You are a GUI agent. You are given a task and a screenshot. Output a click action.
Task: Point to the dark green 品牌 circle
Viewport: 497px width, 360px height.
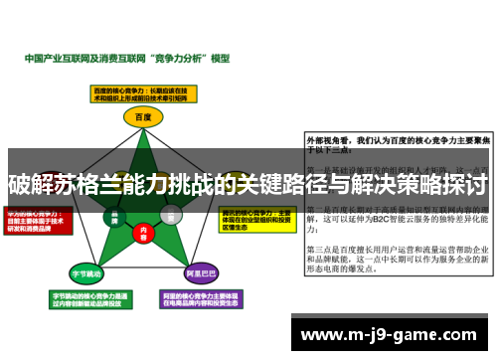click(x=115, y=216)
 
